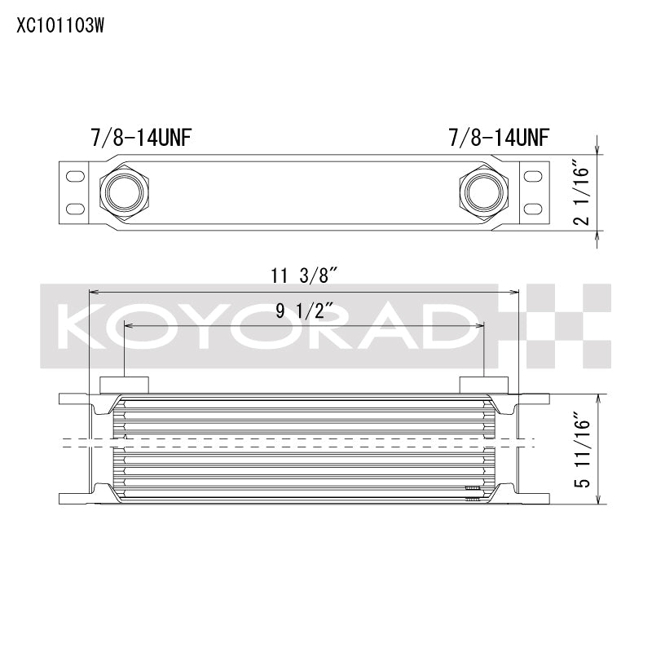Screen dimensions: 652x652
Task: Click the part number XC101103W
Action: click(60, 24)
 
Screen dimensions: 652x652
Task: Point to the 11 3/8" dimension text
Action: click(304, 276)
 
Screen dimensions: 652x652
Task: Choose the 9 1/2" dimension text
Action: click(303, 311)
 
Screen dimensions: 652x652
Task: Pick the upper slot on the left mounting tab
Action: click(73, 175)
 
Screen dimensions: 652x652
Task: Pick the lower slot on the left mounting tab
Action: click(73, 205)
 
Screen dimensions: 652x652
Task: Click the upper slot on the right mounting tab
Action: click(532, 175)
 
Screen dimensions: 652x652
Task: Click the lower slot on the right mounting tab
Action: click(532, 205)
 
